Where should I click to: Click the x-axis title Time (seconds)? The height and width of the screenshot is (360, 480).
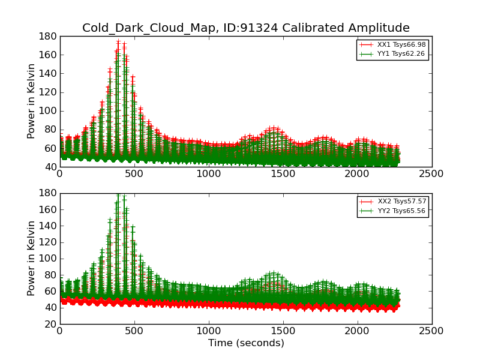(246, 343)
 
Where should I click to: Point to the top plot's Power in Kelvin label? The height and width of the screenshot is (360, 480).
(32, 101)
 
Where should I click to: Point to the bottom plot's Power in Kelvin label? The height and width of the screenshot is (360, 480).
(32, 259)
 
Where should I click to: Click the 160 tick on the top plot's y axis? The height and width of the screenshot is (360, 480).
(48, 55)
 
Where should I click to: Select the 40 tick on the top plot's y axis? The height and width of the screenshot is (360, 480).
(50, 167)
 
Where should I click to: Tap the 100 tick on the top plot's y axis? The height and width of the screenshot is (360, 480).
(48, 111)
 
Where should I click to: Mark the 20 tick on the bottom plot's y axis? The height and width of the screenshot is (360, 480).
(50, 324)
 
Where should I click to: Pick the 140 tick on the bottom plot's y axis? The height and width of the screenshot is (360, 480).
(48, 226)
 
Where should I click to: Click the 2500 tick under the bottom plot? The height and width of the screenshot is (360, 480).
(432, 331)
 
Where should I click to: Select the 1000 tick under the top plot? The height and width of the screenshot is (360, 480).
(209, 173)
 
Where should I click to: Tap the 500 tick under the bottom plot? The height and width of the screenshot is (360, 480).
(134, 331)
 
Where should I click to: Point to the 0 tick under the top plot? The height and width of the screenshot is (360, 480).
(60, 173)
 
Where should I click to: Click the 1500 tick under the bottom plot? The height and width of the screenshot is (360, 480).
(283, 331)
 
